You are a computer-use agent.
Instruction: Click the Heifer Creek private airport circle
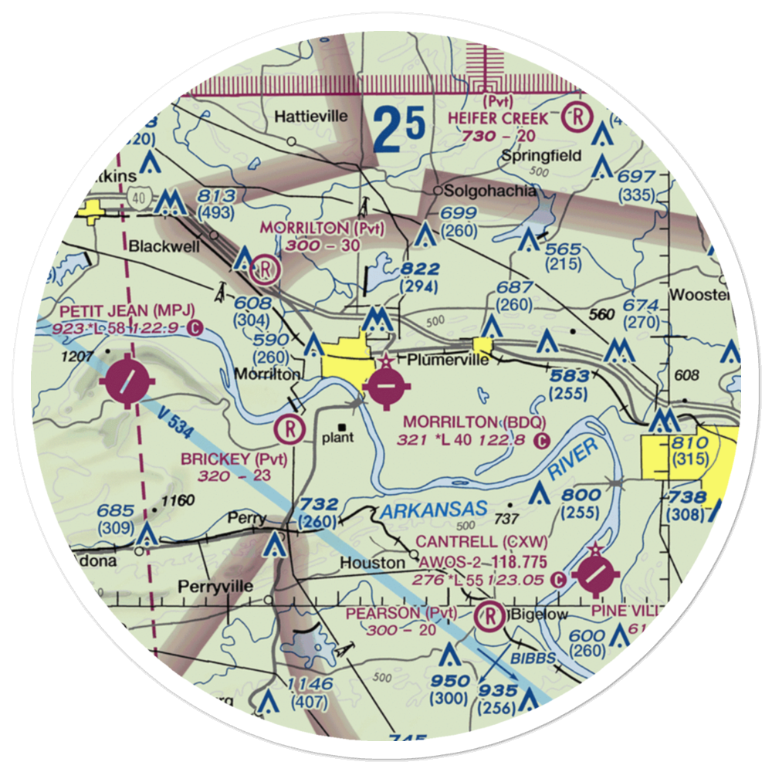pos(576,117)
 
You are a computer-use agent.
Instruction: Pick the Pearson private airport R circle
pos(488,615)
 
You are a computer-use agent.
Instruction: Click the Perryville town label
pos(215,587)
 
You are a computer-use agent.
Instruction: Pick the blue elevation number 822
pos(420,269)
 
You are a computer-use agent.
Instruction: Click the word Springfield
pos(541,155)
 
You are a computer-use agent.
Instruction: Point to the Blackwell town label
pos(163,248)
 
